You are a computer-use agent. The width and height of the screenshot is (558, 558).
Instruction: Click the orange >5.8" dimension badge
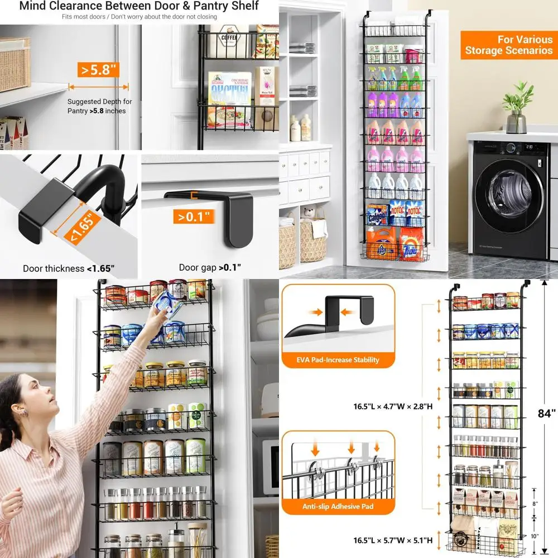[99, 70]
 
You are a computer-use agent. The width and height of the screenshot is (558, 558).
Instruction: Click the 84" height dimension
[546, 413]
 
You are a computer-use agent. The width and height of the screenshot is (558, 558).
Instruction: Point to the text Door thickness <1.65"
[69, 268]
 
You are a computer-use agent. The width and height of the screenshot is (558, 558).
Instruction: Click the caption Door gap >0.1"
[210, 268]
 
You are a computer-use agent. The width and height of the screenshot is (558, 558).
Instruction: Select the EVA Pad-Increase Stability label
[339, 360]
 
